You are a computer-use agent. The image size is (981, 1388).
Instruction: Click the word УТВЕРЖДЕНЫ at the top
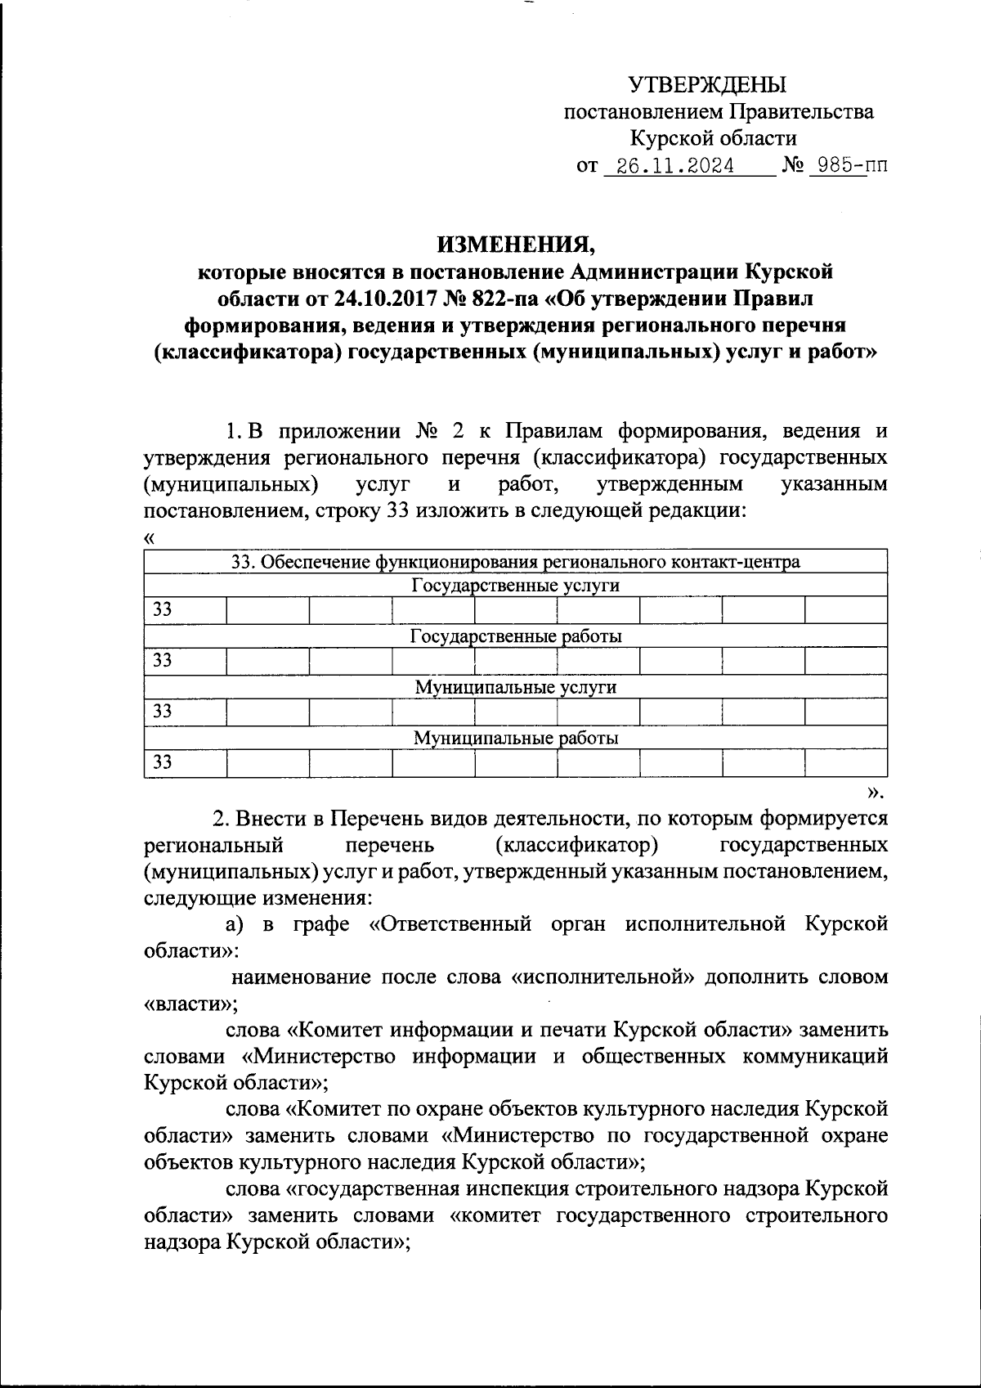click(707, 84)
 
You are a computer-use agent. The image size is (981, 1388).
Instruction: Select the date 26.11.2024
click(675, 166)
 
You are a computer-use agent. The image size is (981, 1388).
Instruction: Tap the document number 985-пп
click(845, 166)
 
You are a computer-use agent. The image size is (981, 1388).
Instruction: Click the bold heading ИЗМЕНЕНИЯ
click(516, 244)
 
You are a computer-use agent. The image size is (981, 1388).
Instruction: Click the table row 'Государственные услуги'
click(515, 586)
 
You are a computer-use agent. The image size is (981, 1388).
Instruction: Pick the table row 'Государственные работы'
click(515, 636)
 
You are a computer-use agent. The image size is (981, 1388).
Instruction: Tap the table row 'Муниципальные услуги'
click(515, 687)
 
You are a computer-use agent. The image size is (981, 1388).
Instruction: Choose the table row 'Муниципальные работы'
click(515, 739)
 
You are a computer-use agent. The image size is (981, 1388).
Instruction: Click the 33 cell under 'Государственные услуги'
click(163, 610)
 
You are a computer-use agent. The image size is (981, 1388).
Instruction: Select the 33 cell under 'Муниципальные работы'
click(163, 763)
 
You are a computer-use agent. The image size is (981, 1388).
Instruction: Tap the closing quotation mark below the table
click(876, 791)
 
